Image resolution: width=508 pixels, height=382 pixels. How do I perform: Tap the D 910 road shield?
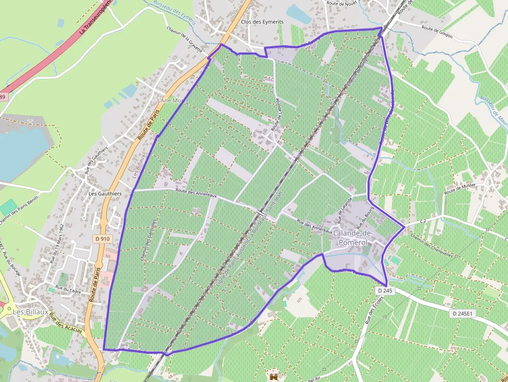(103, 238)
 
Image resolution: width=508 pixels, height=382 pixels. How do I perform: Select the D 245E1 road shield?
(462, 314)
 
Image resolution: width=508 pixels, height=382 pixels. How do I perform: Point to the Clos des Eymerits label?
(262, 22)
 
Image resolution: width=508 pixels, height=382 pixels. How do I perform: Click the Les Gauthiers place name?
(105, 194)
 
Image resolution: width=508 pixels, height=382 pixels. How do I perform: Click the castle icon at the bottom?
(273, 375)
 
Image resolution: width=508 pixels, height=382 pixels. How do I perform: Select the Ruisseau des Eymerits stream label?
(175, 9)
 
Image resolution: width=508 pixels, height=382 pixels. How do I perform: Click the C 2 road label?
(422, 221)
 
